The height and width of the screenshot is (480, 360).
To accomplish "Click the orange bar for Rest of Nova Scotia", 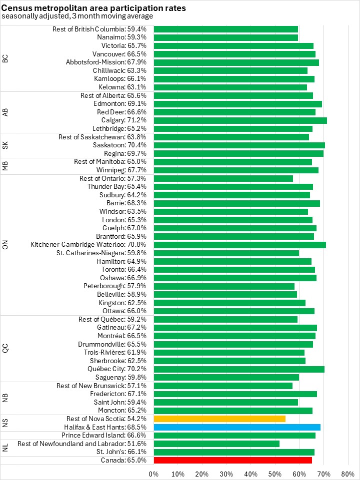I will click(x=219, y=419).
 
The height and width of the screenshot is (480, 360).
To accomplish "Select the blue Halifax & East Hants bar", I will click(x=237, y=427).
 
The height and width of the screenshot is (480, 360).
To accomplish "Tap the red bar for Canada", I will click(x=232, y=460).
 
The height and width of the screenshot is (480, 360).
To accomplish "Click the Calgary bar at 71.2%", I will click(x=240, y=120).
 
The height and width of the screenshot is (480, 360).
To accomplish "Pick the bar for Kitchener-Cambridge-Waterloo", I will click(x=239, y=245).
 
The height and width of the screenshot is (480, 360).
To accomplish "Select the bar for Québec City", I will click(x=239, y=369).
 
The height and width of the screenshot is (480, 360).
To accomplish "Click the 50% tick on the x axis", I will click(x=274, y=473).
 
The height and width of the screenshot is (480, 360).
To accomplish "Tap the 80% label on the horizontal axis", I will click(x=347, y=473).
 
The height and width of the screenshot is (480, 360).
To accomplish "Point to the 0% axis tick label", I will click(x=153, y=473).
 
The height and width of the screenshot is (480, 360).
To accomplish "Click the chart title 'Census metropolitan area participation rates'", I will click(x=93, y=7).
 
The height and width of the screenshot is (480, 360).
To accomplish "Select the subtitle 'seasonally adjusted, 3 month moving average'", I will click(x=77, y=16).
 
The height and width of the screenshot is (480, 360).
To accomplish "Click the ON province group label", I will click(x=5, y=245).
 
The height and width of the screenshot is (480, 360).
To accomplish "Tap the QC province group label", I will click(x=5, y=349).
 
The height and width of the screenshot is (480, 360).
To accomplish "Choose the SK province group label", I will click(x=5, y=145).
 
